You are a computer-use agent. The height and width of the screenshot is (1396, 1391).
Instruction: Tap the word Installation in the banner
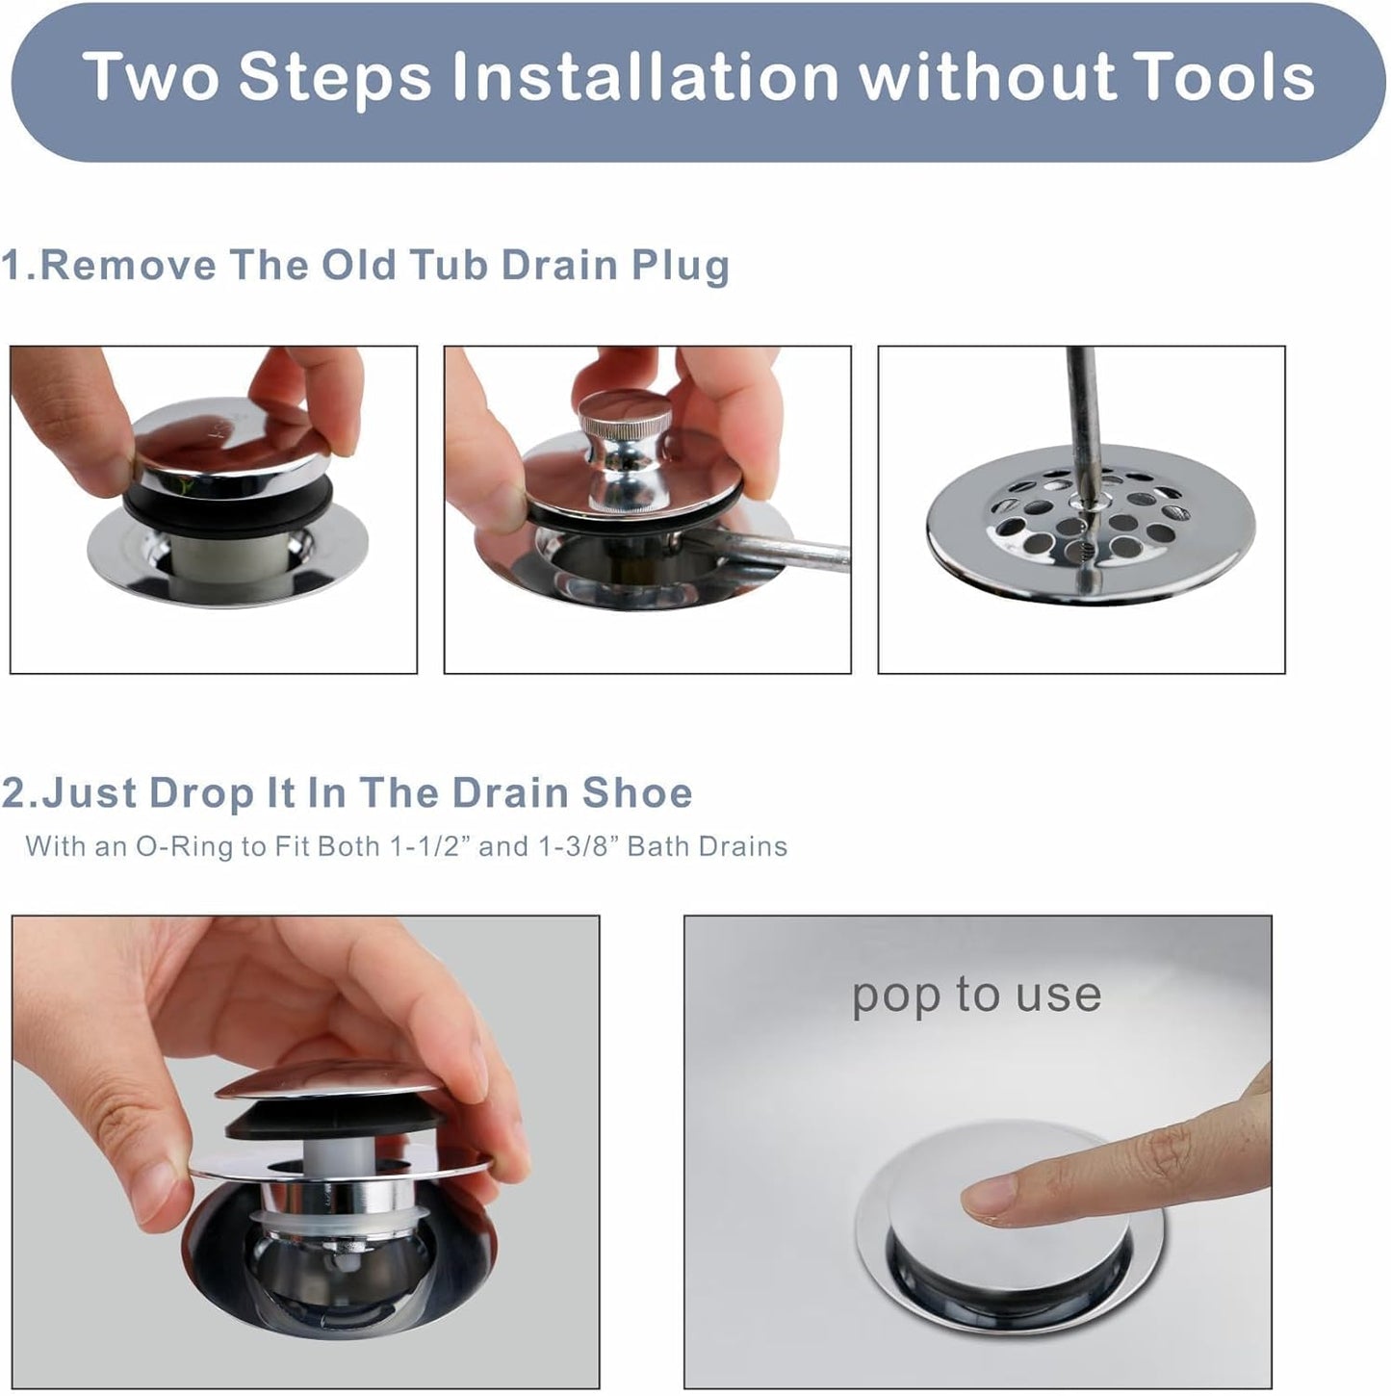pos(646,77)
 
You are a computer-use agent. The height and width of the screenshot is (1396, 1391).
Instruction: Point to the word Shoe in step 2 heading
pos(636,793)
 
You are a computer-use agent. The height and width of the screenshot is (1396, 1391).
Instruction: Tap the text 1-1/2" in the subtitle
pos(429,846)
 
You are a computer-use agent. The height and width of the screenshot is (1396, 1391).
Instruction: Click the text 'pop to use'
pos(976,995)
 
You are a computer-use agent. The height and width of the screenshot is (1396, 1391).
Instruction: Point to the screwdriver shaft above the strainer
pos(1082,404)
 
